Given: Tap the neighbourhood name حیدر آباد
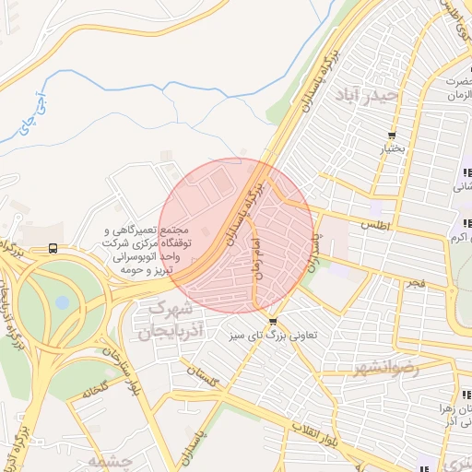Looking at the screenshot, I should click(368, 94).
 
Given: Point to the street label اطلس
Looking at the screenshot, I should click(377, 225).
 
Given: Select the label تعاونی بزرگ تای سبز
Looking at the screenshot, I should click(273, 336).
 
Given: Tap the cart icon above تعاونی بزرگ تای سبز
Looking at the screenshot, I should click(272, 321).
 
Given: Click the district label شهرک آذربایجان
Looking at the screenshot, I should click(170, 319).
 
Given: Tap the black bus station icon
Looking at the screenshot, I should click(53, 248).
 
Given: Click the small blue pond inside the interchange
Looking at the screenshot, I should click(62, 302).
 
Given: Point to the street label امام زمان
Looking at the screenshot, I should click(252, 257).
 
